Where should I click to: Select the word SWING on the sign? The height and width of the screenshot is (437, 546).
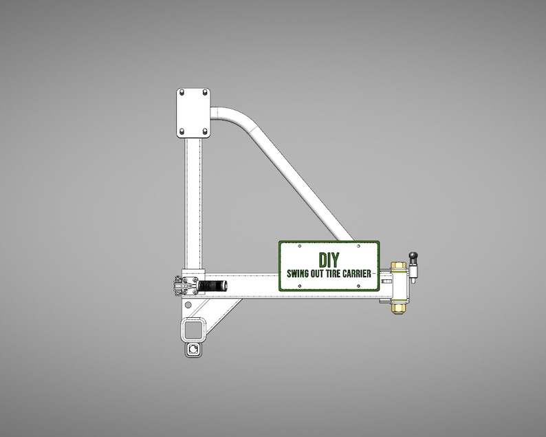(x=299, y=273)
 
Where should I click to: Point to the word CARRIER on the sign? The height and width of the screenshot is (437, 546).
(x=360, y=273)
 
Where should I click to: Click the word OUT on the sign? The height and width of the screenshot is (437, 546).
(x=320, y=273)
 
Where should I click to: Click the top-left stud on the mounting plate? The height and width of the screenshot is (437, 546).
(x=182, y=92)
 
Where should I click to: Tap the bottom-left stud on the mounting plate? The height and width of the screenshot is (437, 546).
(x=182, y=131)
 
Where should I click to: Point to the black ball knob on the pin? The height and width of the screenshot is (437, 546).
(x=413, y=256)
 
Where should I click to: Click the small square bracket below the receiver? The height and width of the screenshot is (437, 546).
(x=193, y=350)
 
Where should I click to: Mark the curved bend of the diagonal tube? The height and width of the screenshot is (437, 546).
(x=241, y=117)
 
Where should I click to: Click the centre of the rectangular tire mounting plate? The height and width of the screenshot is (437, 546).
(x=193, y=111)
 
